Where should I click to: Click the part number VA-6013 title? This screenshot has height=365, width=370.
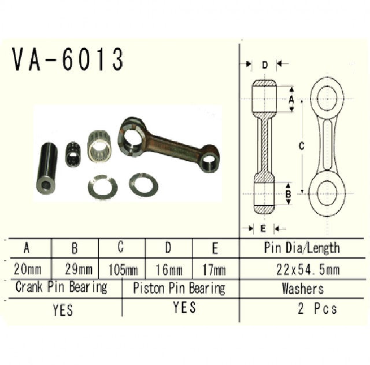68,60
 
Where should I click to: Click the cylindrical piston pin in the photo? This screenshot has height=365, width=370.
47,168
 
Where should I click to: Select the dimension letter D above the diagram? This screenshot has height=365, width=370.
265,65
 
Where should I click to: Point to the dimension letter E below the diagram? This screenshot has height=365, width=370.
263,228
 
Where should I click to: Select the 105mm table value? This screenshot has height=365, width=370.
122,270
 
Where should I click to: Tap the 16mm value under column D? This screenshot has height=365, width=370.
169,270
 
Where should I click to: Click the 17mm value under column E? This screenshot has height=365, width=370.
215,270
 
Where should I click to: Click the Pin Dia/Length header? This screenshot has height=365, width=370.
302,249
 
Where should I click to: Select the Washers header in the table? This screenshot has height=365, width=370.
302,288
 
